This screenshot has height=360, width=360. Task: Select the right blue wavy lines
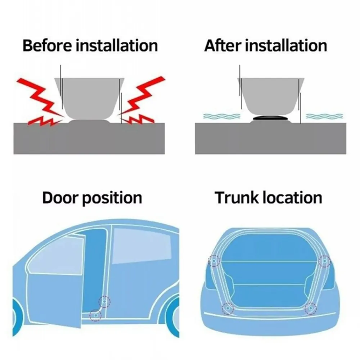[324, 116]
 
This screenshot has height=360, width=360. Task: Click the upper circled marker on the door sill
[105, 301]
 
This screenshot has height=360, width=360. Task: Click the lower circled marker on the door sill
[96, 314]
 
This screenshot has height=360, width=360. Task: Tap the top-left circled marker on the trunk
[215, 261]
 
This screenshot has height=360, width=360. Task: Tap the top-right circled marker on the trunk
[324, 261]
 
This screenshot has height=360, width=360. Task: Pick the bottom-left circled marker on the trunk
[228, 308]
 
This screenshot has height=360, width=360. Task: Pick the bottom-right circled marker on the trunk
[310, 308]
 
